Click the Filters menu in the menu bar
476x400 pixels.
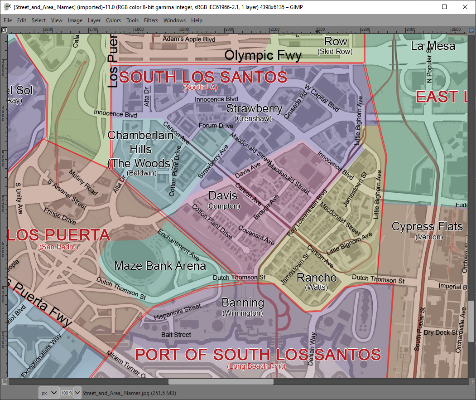(151, 20)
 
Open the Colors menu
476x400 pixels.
(113, 20)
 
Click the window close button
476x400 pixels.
(465, 7)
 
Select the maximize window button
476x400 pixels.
(444, 7)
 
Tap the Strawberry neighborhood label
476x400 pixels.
(254, 109)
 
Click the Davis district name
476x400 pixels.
(223, 195)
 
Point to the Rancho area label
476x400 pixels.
(317, 278)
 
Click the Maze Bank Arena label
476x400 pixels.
(160, 266)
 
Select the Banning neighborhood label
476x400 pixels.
(243, 302)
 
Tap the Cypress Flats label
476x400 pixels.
(427, 226)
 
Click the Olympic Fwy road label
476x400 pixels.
(263, 55)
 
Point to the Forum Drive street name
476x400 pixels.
(216, 126)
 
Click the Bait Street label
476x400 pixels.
(176, 335)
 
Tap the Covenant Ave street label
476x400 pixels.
(256, 235)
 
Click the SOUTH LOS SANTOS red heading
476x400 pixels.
(203, 77)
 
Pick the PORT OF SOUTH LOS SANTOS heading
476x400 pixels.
(258, 355)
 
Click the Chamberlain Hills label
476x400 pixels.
(141, 142)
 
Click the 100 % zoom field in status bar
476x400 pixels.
(67, 393)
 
